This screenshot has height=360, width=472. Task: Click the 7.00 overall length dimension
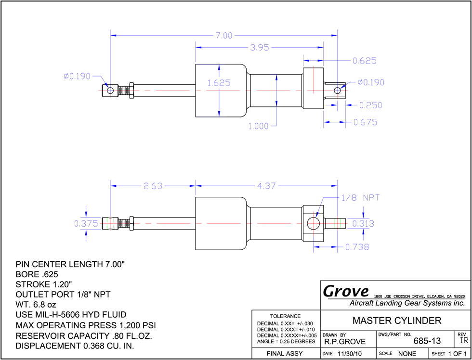tap(223, 36)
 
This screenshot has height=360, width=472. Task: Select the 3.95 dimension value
tap(260, 48)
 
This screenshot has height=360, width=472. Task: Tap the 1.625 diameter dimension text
tap(219, 83)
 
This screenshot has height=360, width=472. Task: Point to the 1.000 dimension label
tap(258, 126)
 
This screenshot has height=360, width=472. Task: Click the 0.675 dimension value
tap(365, 122)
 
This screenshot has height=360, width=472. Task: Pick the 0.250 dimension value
tap(371, 105)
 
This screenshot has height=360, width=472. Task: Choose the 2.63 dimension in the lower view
tap(153, 186)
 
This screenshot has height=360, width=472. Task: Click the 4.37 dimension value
tap(266, 186)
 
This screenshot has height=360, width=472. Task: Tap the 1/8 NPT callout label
tap(360, 198)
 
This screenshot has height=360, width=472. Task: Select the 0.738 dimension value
tap(357, 247)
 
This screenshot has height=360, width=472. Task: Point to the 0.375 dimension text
tap(86, 223)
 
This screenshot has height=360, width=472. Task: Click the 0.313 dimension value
tap(363, 223)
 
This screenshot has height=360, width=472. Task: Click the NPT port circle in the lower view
tap(313, 223)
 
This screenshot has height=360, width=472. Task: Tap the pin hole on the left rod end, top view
tap(110, 90)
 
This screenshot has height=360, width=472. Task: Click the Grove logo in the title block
tap(346, 291)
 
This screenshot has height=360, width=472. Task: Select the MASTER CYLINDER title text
tap(397, 321)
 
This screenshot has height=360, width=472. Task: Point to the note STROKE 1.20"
tap(44, 284)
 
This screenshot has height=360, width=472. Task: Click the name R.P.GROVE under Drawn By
tap(345, 342)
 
